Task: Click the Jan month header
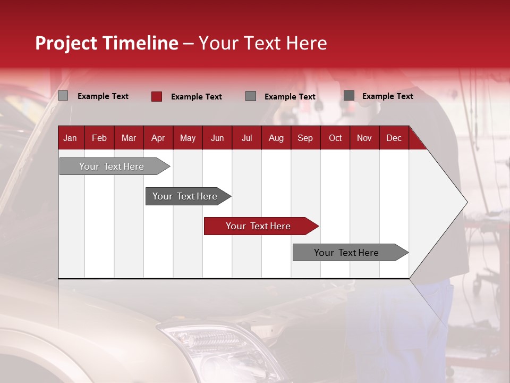click(x=70, y=138)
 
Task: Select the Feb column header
click(x=99, y=138)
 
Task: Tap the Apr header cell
click(x=158, y=138)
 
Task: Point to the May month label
click(x=188, y=138)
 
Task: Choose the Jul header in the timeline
click(x=246, y=138)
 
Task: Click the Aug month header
click(x=276, y=138)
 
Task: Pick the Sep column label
click(x=305, y=138)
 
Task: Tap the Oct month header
click(x=335, y=138)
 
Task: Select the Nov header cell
click(x=364, y=138)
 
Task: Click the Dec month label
click(x=394, y=138)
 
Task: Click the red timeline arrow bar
click(x=258, y=226)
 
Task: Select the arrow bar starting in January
click(x=112, y=166)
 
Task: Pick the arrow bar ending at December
click(x=346, y=253)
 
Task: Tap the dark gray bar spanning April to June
click(x=185, y=196)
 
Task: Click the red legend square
click(x=156, y=96)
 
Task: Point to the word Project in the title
click(x=66, y=43)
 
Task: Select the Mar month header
click(x=129, y=138)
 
